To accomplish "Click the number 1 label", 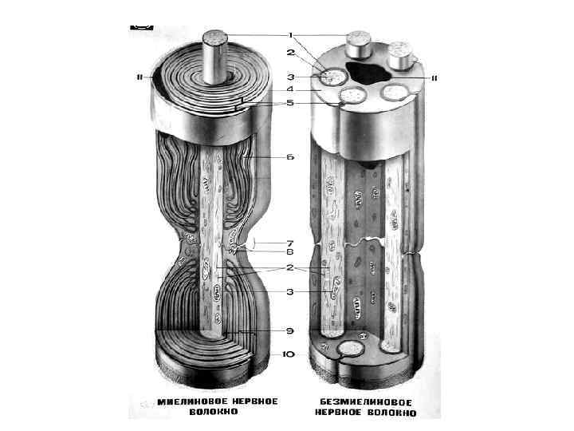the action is [291, 35].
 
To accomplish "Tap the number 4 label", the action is [291, 90].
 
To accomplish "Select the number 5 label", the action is [291, 103].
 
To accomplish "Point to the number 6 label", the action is [291, 157].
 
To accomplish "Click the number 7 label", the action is [291, 241].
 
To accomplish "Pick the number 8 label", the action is [291, 251].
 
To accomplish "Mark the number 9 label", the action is [291, 330].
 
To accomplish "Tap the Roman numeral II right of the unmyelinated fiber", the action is [436, 78].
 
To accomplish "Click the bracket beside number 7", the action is [255, 241].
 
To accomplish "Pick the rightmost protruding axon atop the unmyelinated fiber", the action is [401, 53].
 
